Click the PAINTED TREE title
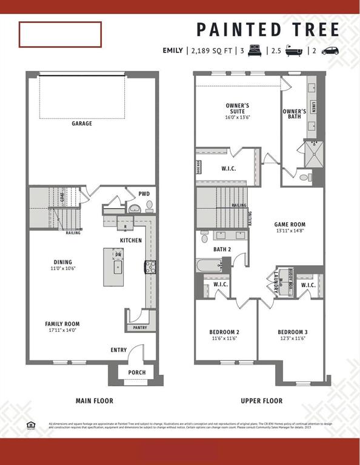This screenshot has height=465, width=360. point(268,29)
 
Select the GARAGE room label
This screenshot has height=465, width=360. point(82,124)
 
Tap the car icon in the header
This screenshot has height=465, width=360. point(330,51)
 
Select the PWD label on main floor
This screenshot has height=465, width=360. point(144,194)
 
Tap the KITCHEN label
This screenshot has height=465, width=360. point(131,240)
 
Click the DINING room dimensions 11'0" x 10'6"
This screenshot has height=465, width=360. point(64,268)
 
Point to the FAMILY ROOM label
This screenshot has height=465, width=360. point(62,324)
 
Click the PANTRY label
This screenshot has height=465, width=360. point(140,328)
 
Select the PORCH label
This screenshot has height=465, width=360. point(137,372)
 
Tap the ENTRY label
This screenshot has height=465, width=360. point(119,350)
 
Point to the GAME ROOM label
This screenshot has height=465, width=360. point(289,224)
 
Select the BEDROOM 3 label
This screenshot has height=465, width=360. point(293,332)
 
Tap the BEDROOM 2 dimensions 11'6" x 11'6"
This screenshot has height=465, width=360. point(224,338)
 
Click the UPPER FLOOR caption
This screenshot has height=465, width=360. point(261,401)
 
